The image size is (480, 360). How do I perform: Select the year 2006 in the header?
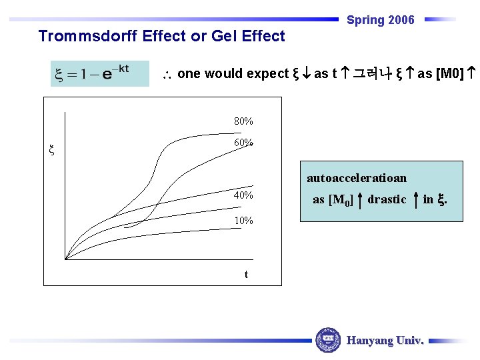[401, 20]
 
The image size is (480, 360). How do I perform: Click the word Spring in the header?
[365, 20]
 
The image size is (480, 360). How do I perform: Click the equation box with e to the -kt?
[100, 73]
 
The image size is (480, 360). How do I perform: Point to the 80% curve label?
[243, 121]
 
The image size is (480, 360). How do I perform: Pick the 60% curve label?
[243, 143]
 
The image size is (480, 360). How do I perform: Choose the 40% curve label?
[243, 195]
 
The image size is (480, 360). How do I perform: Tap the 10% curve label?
[243, 221]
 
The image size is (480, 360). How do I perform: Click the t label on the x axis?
[246, 274]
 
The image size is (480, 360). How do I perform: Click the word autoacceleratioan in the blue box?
[357, 178]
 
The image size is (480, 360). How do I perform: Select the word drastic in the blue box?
[387, 199]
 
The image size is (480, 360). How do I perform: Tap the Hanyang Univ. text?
[385, 341]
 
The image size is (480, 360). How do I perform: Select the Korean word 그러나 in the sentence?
[373, 73]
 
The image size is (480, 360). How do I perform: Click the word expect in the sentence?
[269, 73]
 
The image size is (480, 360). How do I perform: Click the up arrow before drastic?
[360, 199]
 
